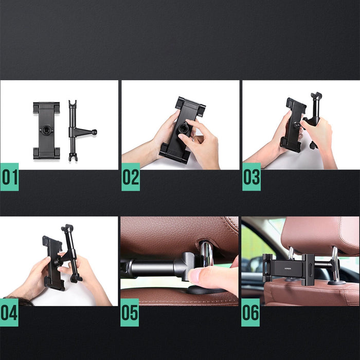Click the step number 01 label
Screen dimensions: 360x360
9,177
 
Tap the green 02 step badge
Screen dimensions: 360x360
131,177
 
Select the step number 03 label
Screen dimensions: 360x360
251,177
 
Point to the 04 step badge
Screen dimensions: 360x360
9,312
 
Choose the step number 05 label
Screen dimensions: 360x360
130,312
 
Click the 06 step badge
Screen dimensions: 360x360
250,312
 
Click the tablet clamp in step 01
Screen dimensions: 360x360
46,131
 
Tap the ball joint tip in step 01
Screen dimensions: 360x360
94,132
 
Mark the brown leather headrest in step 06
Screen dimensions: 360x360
319,234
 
